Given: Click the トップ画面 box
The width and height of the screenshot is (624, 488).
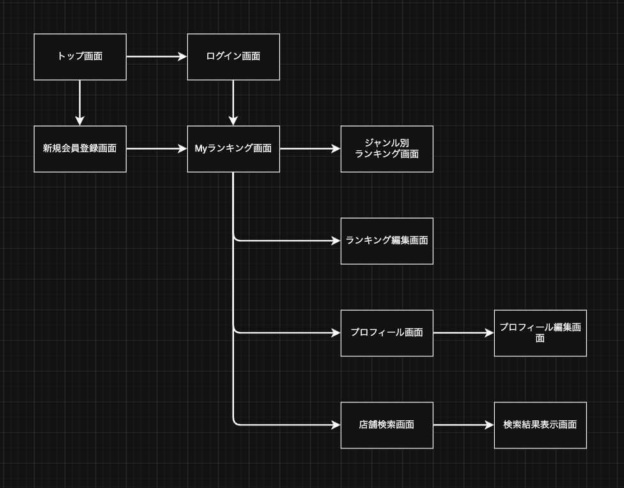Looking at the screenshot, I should [80, 57].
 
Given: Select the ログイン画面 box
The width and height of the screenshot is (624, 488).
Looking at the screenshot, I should [233, 57].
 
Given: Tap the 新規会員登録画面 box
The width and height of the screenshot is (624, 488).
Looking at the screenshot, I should [80, 149].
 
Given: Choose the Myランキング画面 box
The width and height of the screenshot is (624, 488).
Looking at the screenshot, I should [233, 149].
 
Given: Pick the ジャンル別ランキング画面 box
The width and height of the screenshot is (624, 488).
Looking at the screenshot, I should [387, 149].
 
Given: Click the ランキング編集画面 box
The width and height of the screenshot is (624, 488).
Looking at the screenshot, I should [387, 241].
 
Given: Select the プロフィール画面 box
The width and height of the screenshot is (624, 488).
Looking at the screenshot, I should [387, 333].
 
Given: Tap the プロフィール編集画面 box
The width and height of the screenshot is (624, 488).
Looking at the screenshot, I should [540, 333].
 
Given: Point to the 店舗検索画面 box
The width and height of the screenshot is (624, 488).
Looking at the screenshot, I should [387, 425].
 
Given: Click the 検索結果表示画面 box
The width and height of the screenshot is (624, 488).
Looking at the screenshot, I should [540, 425].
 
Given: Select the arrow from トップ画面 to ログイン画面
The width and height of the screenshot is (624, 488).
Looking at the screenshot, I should [157, 57].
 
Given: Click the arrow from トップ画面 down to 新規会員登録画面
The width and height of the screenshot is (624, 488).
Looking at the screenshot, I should [80, 102].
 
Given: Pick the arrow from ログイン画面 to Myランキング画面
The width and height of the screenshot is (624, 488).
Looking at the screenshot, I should [233, 102].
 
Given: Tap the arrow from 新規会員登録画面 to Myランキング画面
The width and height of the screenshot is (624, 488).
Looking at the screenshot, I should [157, 149].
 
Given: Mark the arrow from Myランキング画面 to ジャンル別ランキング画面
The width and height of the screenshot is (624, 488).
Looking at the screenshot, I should [310, 149].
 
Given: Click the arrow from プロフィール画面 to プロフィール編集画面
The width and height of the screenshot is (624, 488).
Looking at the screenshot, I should [464, 333].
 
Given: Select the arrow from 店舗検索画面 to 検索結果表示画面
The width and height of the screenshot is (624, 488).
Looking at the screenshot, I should [464, 425].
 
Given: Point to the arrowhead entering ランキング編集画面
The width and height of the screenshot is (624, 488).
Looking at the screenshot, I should [336, 241].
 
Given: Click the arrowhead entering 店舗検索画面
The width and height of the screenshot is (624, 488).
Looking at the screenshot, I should [336, 425].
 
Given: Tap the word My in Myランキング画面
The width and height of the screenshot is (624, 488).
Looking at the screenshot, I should [201, 149].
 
